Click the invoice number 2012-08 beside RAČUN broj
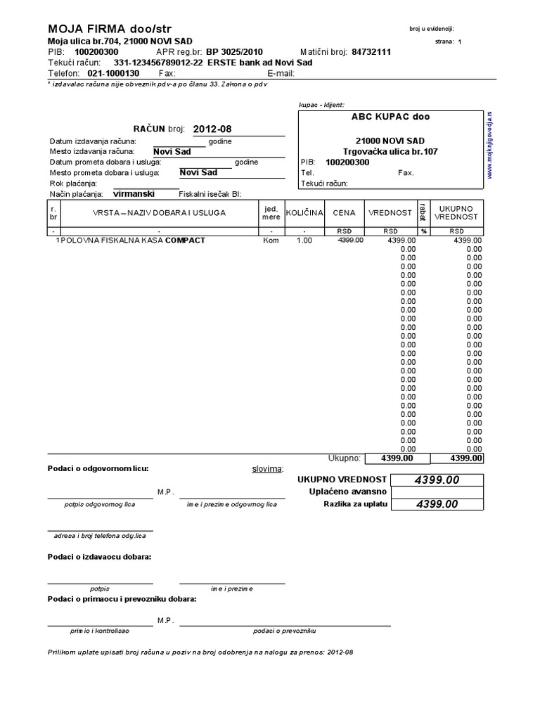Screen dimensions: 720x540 point(212,129)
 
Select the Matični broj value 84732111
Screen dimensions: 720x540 point(371,52)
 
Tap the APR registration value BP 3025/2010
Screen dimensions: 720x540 point(234,52)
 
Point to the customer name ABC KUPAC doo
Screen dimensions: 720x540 point(390,117)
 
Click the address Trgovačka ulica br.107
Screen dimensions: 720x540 point(390,151)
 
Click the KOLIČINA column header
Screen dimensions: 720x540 point(304,212)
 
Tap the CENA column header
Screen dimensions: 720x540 point(345,212)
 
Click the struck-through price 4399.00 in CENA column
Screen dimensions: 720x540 point(350,240)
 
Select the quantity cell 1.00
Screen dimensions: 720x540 point(304,240)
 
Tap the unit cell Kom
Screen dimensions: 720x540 point(271,240)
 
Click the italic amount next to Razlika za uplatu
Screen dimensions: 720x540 point(437,504)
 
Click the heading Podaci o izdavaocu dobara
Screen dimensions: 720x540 point(100,557)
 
